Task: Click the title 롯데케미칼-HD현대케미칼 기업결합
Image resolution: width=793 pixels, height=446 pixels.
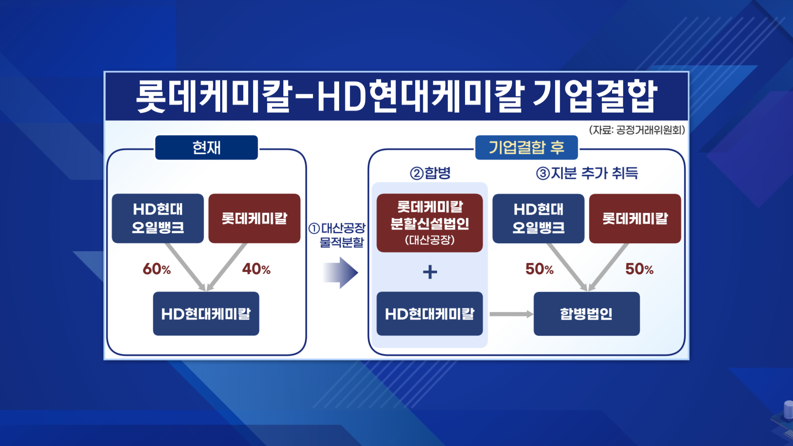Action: coord(396,97)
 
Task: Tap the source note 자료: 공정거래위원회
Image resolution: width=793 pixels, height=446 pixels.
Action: coord(637,130)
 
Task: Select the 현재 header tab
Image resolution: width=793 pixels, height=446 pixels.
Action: coord(207,147)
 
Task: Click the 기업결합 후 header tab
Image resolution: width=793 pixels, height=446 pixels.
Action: coord(527,147)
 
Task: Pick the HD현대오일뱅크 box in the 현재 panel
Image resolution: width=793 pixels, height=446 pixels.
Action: coord(158,218)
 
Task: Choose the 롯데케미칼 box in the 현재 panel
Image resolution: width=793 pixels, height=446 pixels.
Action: coord(254,218)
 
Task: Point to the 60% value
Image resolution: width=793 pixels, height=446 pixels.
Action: coord(157,269)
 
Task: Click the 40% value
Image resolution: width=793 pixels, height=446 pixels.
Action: coord(256,269)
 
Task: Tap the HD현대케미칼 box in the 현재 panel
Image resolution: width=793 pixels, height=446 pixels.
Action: coord(206,314)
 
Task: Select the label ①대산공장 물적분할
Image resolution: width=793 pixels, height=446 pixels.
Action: coord(337,235)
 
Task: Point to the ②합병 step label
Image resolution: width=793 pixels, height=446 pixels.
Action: coord(430,173)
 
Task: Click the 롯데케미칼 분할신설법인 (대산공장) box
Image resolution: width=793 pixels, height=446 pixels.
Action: coord(430,223)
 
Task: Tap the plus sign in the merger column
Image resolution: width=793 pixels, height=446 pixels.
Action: coord(430,272)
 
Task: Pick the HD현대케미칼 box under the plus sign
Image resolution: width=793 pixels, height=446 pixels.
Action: coord(430,314)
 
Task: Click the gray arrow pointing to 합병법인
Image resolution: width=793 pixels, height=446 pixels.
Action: coord(511,314)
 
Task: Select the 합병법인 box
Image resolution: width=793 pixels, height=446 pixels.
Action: coord(586,314)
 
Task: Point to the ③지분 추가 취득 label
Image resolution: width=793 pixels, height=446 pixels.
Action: coord(587,173)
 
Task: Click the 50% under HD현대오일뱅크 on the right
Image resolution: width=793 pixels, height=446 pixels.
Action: coord(539,269)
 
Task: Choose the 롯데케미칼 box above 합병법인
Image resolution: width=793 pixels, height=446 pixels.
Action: coord(635,218)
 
